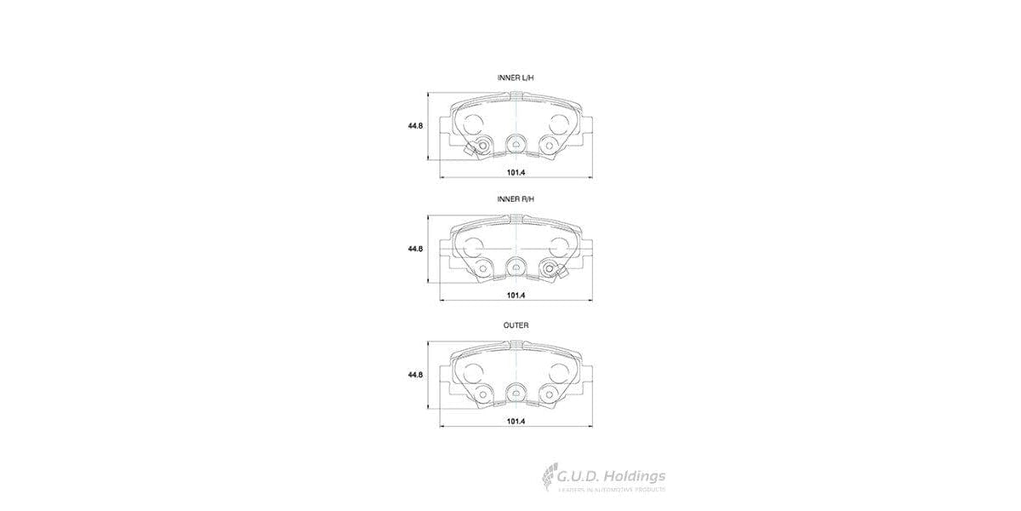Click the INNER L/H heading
click(516, 78)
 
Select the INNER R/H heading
click(516, 198)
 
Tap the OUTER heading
click(516, 325)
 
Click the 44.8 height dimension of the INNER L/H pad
click(414, 126)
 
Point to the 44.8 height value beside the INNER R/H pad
click(414, 249)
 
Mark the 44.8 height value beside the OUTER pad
click(414, 375)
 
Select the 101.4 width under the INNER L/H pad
click(516, 172)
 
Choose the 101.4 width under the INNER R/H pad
click(516, 295)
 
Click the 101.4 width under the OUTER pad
click(516, 421)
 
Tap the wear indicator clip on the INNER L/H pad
click(480, 147)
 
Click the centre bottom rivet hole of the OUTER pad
click(516, 393)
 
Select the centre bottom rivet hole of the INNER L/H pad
click(516, 144)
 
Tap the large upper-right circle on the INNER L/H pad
click(558, 123)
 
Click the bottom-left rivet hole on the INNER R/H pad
click(482, 269)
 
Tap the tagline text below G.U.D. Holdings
click(610, 491)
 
